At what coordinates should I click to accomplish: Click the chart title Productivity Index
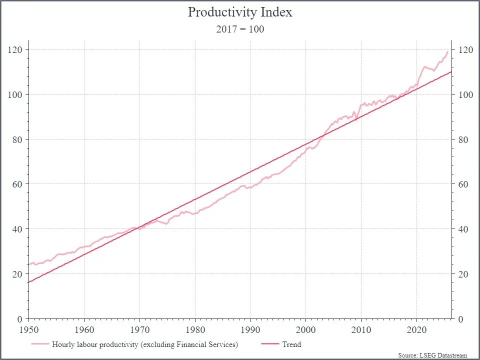[240, 12]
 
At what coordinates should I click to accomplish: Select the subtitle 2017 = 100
[240, 29]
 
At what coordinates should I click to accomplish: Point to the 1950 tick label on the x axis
[29, 329]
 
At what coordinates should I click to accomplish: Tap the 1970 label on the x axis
[140, 329]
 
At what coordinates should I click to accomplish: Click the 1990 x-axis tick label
[250, 329]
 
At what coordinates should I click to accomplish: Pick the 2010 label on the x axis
[361, 329]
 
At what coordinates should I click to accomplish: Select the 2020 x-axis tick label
[416, 329]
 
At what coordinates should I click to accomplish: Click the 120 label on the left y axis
[15, 49]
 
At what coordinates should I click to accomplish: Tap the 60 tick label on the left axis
[17, 184]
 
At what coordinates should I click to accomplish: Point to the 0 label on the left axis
[20, 319]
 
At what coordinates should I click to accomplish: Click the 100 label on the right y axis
[465, 94]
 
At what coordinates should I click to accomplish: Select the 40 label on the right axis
[463, 229]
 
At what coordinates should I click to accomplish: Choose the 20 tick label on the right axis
[463, 274]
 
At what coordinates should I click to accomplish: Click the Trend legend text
[291, 344]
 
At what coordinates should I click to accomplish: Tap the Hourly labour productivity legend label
[145, 344]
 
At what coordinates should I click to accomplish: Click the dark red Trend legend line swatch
[270, 344]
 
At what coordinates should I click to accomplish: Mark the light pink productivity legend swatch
[40, 344]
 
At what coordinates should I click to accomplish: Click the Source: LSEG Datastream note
[432, 355]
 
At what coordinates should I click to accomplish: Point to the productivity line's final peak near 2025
[447, 51]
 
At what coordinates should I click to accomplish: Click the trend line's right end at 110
[451, 71]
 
